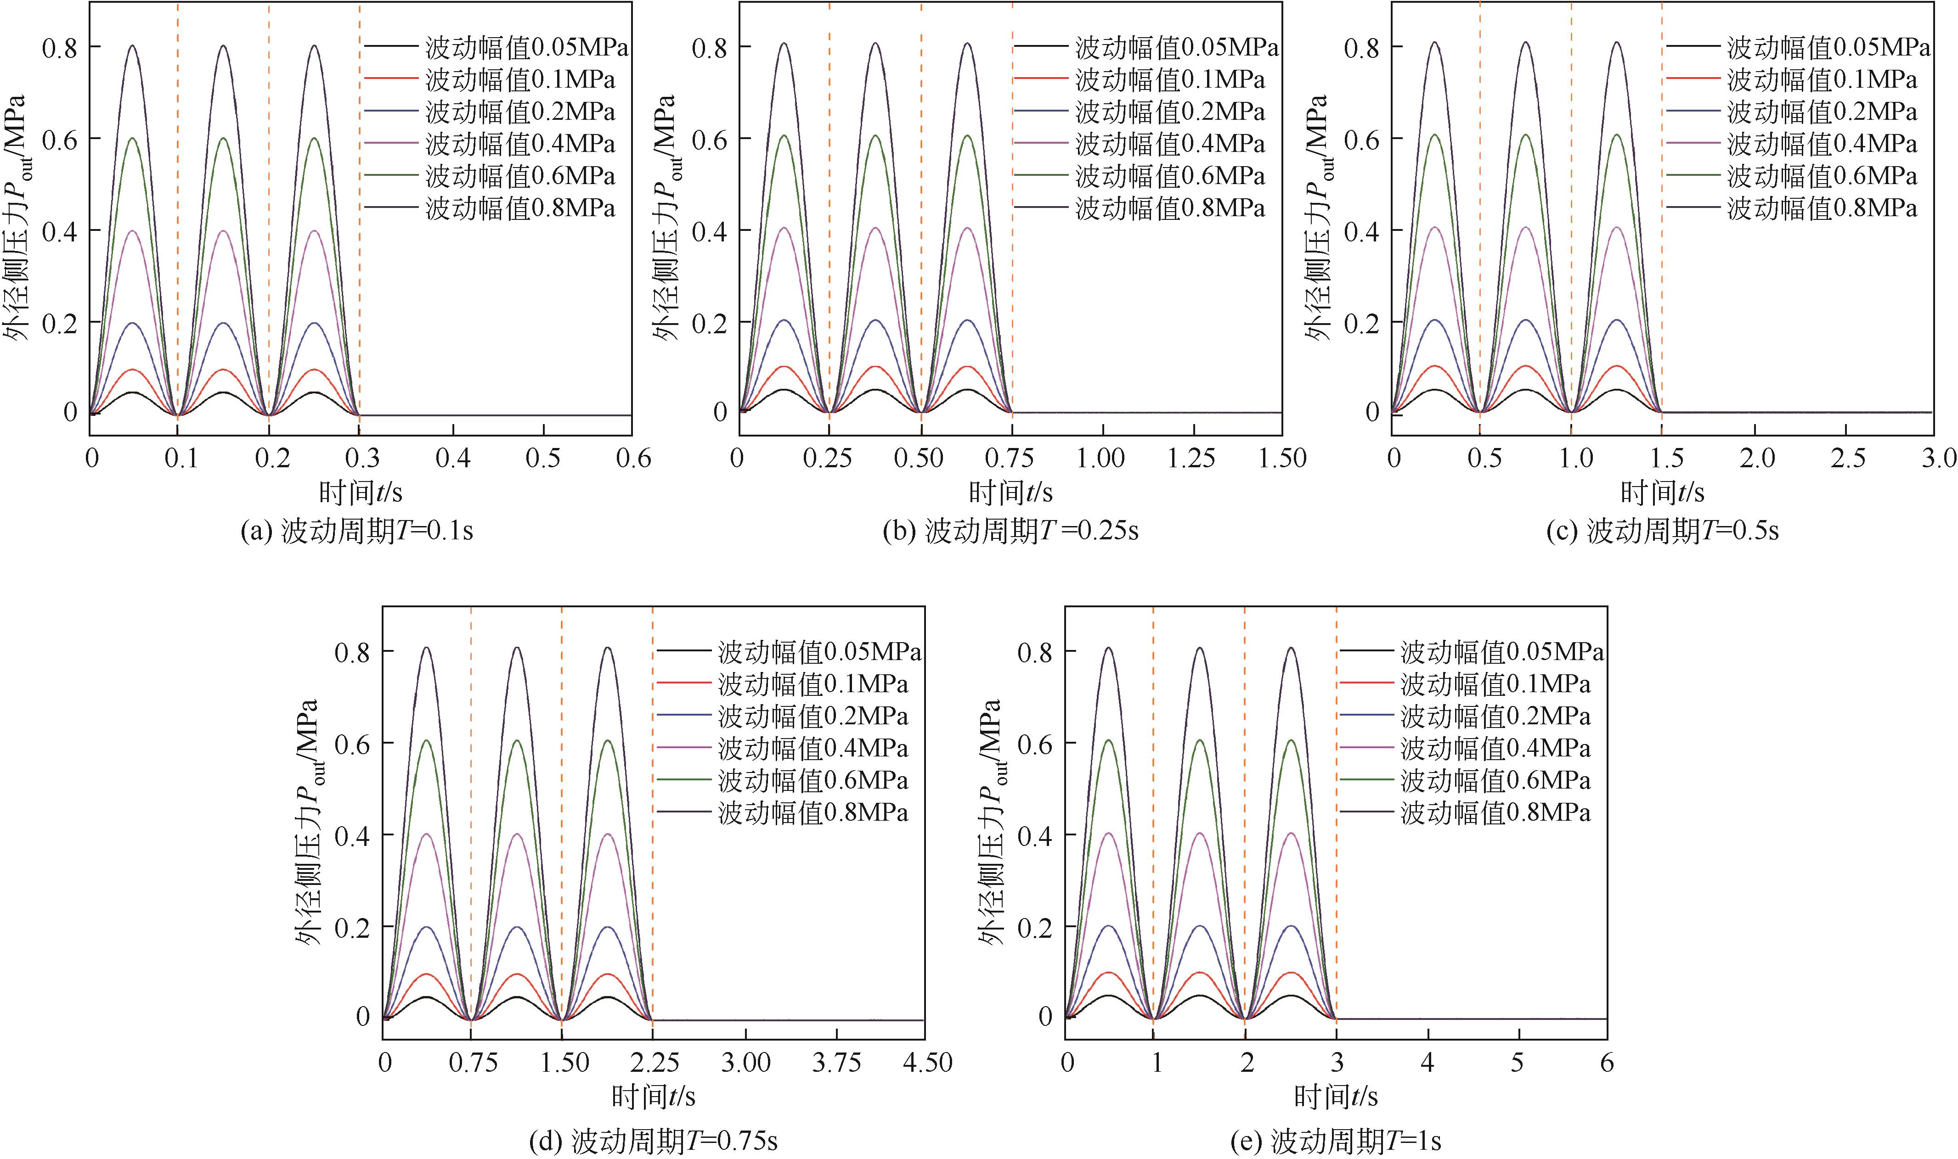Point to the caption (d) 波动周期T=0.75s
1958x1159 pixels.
click(x=653, y=1142)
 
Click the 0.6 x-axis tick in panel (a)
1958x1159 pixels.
click(x=633, y=459)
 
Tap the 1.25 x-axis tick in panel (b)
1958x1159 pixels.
click(x=1191, y=459)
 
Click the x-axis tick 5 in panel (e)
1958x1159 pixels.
click(x=1518, y=1063)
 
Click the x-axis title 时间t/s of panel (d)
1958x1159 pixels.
click(x=653, y=1097)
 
